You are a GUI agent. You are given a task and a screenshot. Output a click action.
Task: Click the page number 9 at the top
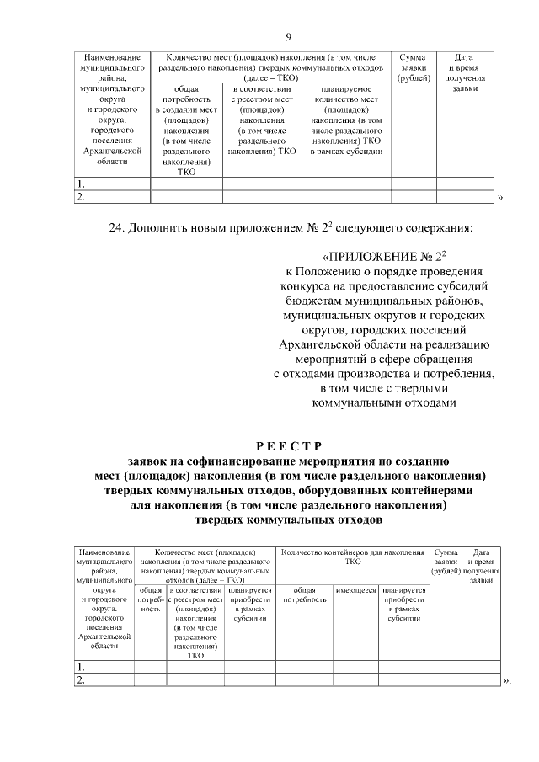point(288,36)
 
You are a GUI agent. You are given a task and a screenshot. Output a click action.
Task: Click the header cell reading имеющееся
point(355,590)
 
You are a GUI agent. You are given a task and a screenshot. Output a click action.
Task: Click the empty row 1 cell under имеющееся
point(355,667)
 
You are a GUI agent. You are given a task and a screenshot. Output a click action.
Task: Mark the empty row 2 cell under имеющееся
point(355,680)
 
